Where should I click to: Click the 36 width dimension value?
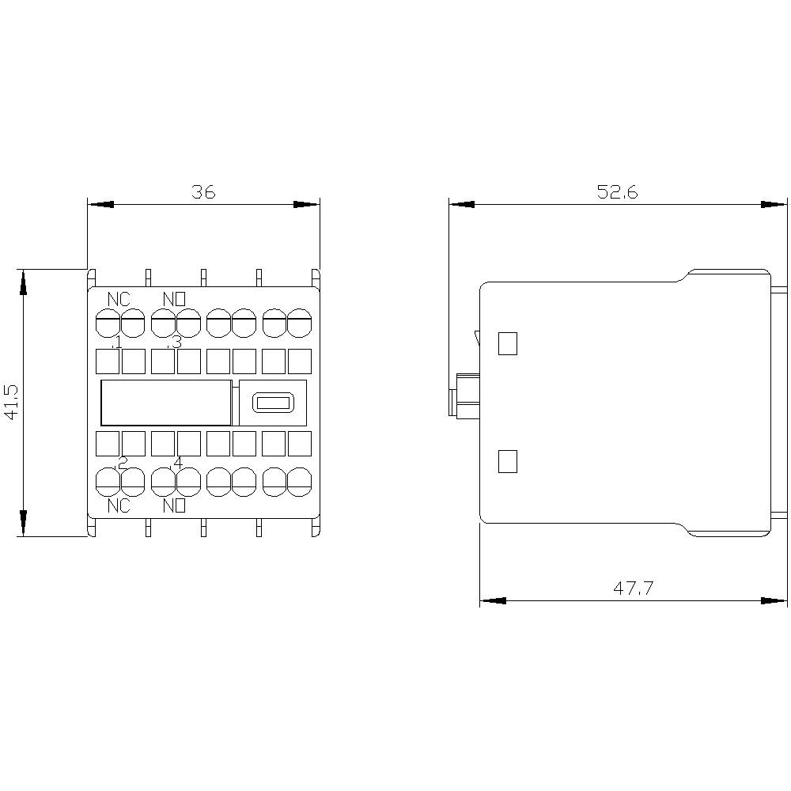coord(203,191)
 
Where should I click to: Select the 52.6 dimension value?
coord(618,191)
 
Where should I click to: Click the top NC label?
coord(119,299)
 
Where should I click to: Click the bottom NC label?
coord(119,506)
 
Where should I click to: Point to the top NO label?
coord(174,299)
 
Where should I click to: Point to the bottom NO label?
coord(174,506)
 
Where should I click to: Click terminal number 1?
coord(117,343)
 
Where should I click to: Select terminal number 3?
coord(176,343)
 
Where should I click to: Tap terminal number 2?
coord(122,463)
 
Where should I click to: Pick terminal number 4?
coord(177,463)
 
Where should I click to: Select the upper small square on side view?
coord(507,343)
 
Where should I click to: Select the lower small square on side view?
coord(507,461)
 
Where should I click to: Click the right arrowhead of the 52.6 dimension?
coord(776,204)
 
